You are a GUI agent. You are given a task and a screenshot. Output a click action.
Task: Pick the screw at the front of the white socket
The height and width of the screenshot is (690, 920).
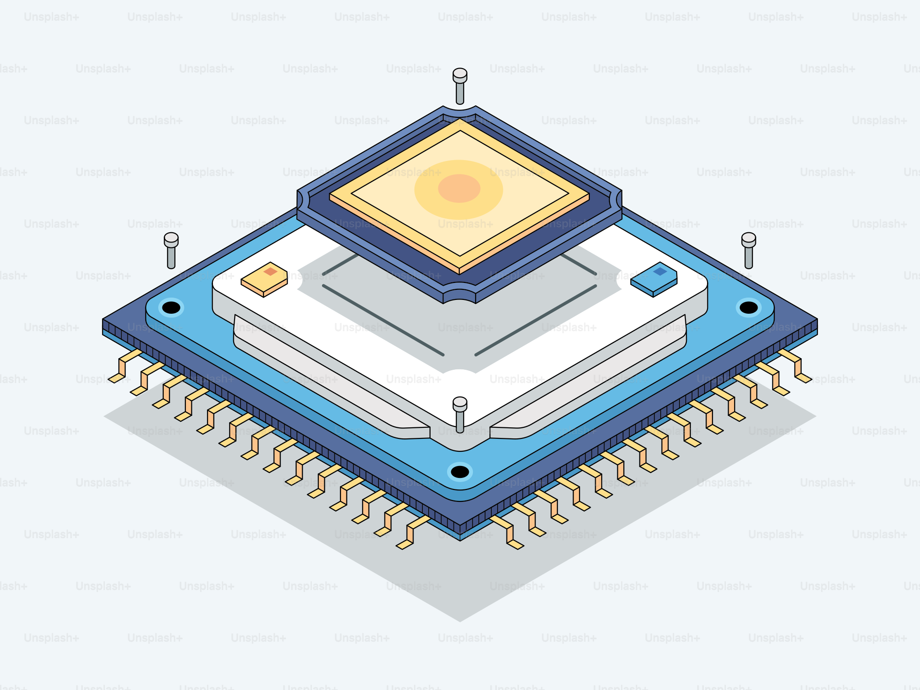[x=460, y=414]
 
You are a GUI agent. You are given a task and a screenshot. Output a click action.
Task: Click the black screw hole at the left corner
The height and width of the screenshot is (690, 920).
[x=171, y=307]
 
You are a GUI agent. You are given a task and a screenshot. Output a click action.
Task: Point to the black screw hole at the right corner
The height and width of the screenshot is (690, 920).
[x=748, y=307]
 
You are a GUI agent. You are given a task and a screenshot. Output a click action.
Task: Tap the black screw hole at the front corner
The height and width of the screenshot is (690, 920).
[x=460, y=471]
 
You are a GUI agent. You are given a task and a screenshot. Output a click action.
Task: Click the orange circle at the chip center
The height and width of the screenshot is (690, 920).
[x=459, y=188]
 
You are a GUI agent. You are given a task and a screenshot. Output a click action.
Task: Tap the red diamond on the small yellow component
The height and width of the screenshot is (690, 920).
[x=270, y=271]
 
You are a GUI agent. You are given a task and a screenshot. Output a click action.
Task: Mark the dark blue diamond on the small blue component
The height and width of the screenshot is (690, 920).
[x=660, y=271]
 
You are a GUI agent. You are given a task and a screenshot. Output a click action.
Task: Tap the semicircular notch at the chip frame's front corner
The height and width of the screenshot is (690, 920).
[x=460, y=295]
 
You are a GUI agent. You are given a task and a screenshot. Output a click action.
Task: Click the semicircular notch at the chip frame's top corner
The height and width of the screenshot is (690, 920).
[x=460, y=109]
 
